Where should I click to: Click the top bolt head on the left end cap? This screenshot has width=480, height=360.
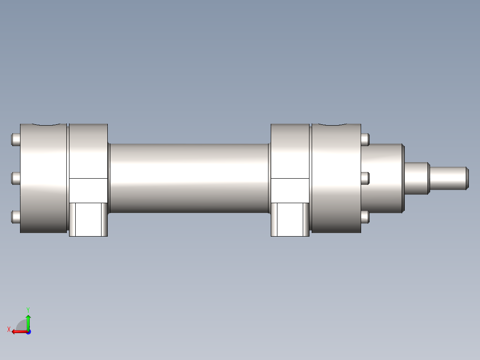[x=15, y=139]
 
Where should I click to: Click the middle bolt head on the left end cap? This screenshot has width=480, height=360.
[x=15, y=178]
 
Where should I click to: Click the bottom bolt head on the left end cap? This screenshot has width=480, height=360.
[x=15, y=217]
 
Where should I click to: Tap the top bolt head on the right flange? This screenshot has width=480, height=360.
[x=365, y=139]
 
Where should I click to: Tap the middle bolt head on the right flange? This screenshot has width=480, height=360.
[x=365, y=178]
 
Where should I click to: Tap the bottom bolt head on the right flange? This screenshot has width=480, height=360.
[x=365, y=217]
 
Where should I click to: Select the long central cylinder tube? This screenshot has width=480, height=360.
[x=189, y=178]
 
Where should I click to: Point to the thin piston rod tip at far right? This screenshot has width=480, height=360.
[x=449, y=178]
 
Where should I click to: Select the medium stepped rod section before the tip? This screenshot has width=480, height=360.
[x=417, y=178]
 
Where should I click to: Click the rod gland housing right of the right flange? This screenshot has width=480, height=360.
[x=382, y=178]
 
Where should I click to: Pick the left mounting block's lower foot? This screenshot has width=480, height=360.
[x=89, y=219]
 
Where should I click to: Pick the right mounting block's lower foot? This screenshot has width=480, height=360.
[x=290, y=219]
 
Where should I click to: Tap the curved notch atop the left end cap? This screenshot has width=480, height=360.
[x=44, y=125]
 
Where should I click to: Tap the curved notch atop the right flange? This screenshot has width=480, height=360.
[x=336, y=125]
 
